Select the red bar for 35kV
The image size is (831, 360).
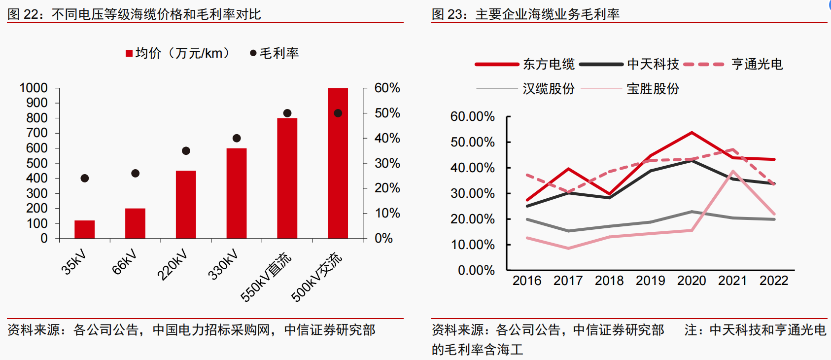tap(84, 229)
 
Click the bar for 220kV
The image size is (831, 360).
tap(186, 205)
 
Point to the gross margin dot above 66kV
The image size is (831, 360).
tap(135, 174)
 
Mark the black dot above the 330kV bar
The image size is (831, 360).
tap(237, 138)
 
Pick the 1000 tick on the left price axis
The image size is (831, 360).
tap(34, 88)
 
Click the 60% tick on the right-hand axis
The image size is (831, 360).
tap(387, 88)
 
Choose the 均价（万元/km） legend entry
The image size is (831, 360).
tap(177, 53)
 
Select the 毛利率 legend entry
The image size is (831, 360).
tap(275, 53)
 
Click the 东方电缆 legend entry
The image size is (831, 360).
tap(524, 64)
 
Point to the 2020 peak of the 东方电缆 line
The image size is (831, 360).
tap(692, 133)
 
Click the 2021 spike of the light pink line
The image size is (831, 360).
tap(733, 171)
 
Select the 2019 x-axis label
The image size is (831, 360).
tap(651, 281)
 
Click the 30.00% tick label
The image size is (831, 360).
tap(472, 193)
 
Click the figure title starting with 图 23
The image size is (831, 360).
tap(525, 14)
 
